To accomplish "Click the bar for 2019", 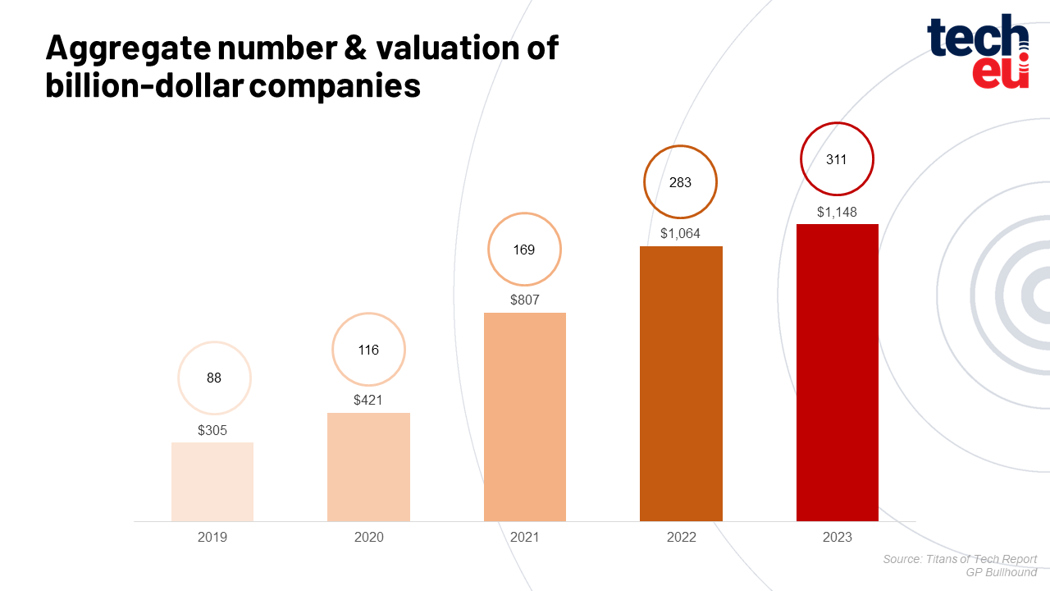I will [x=212, y=482].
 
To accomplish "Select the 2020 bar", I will [x=368, y=466].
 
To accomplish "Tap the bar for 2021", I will [x=525, y=416].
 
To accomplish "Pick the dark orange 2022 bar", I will [x=681, y=383].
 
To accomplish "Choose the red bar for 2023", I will [x=838, y=372].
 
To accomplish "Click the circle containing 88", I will [x=214, y=378].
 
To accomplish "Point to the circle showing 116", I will [x=368, y=350].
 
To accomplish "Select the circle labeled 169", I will [x=524, y=250].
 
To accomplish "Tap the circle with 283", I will [x=680, y=182].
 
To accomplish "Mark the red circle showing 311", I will [x=836, y=159].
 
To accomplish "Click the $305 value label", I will [x=213, y=429].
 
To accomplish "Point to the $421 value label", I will [x=368, y=401].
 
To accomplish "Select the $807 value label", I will [x=525, y=300].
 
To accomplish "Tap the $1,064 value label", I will [x=680, y=234].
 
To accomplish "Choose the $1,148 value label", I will [x=837, y=212].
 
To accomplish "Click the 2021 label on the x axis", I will [x=525, y=538].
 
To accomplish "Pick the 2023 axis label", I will [x=838, y=538].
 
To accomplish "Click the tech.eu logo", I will [x=978, y=52].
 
